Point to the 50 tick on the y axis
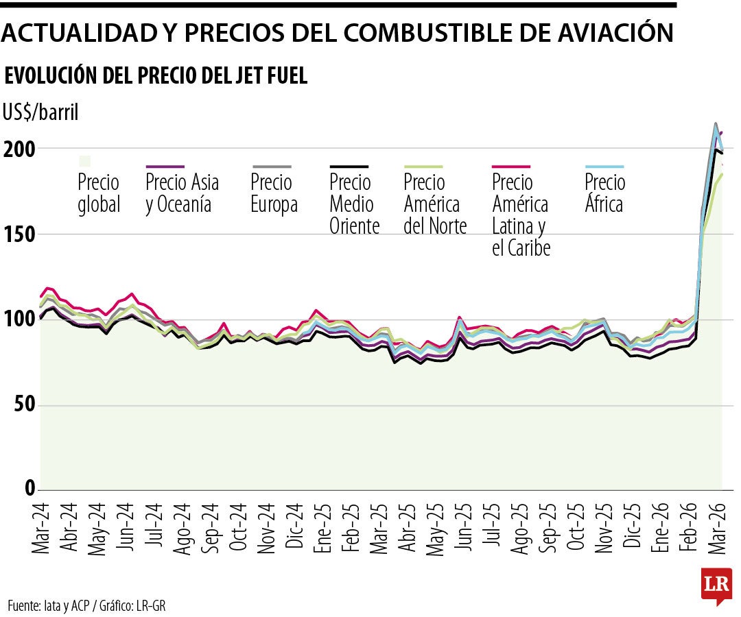click(x=21, y=405)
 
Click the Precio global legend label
click(x=99, y=193)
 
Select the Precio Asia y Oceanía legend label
click(x=182, y=193)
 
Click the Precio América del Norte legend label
click(x=435, y=204)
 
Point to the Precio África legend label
click(x=604, y=193)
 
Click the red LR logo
click(x=716, y=584)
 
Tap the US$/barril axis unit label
click(x=40, y=112)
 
